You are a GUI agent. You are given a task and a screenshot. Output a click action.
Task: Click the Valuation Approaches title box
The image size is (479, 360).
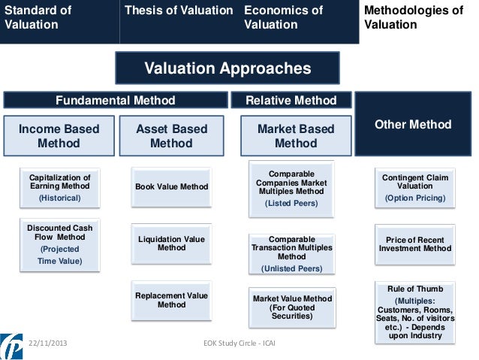coord(227,68)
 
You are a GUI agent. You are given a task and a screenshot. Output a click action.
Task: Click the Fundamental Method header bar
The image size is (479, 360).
coord(116,101)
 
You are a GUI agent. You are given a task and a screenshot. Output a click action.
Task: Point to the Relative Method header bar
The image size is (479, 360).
coord(291,101)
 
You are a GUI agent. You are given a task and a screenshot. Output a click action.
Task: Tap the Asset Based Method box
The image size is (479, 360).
coord(171,136)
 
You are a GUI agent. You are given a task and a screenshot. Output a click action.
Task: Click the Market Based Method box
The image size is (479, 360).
coord(295,136)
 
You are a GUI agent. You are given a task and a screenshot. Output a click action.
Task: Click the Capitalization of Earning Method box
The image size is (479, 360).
coord(59,188)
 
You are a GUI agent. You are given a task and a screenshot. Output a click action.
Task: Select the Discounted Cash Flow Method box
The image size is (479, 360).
coord(59,244)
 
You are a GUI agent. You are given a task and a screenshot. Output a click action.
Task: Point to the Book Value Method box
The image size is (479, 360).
coord(172,186)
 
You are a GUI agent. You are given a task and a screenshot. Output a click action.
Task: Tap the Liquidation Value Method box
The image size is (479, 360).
coord(172,244)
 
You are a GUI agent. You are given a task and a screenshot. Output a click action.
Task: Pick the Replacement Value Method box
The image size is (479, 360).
coord(172,300)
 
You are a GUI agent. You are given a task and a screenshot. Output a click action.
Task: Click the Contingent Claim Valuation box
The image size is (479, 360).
coord(415,188)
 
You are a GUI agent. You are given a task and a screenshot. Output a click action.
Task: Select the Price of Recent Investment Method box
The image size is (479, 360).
coord(415,244)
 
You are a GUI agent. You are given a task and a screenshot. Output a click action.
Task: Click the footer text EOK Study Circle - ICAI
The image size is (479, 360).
coord(239,343)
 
